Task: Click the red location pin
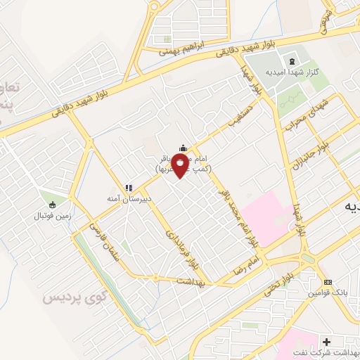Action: pyautogui.click(x=180, y=166)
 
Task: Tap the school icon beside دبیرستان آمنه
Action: pyautogui.click(x=128, y=188)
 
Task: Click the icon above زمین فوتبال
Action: pyautogui.click(x=51, y=203)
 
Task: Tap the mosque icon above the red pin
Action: pyautogui.click(x=183, y=147)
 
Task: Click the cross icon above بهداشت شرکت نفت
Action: pyautogui.click(x=326, y=341)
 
